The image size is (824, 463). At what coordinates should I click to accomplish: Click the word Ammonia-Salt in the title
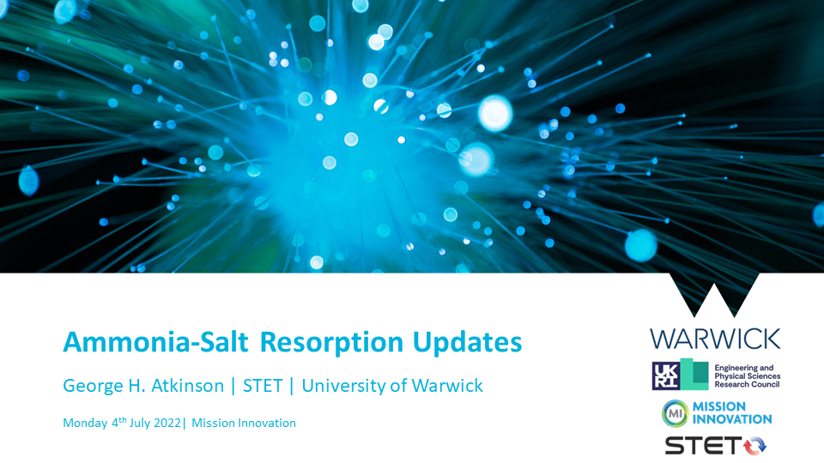(x=155, y=342)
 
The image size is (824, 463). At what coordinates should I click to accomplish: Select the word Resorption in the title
(x=331, y=343)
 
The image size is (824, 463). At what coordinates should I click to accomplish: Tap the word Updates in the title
(x=467, y=343)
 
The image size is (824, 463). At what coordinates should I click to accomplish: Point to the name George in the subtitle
(x=93, y=387)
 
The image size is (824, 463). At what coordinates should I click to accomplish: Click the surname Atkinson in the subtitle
(x=188, y=386)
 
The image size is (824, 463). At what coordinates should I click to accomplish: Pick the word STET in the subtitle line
(x=263, y=386)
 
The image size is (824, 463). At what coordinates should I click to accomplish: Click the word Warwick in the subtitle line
(x=447, y=386)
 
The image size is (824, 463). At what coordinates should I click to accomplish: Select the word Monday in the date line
(x=85, y=423)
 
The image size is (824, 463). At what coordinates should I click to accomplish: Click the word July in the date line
(x=140, y=423)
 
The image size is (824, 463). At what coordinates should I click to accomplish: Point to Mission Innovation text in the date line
(x=244, y=423)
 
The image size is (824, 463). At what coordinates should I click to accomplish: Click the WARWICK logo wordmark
(x=715, y=340)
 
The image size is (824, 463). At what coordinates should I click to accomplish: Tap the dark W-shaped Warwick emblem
(x=714, y=294)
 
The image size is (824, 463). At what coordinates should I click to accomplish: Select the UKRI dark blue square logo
(x=666, y=376)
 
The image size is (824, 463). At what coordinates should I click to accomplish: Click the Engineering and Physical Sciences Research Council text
(x=748, y=376)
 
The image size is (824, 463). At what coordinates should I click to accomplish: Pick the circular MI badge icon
(x=676, y=413)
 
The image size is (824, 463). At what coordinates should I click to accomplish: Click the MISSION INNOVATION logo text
(x=732, y=413)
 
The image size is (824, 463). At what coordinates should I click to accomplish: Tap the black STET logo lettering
(x=703, y=446)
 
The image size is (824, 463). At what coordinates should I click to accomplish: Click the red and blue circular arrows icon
(x=754, y=445)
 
